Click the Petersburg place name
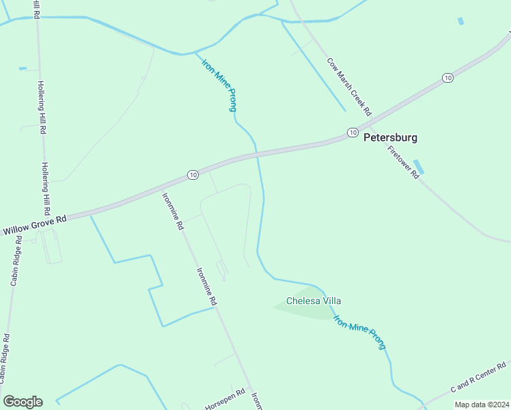[389, 137]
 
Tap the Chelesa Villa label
[313, 301]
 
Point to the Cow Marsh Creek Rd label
[348, 86]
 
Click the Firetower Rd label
[403, 163]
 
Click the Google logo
[23, 401]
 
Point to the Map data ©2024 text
[482, 405]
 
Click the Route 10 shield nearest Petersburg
[352, 132]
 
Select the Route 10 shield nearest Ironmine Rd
[193, 176]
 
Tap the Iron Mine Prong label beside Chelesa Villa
[359, 331]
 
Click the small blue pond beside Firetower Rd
[419, 167]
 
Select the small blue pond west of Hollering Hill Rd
[23, 68]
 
